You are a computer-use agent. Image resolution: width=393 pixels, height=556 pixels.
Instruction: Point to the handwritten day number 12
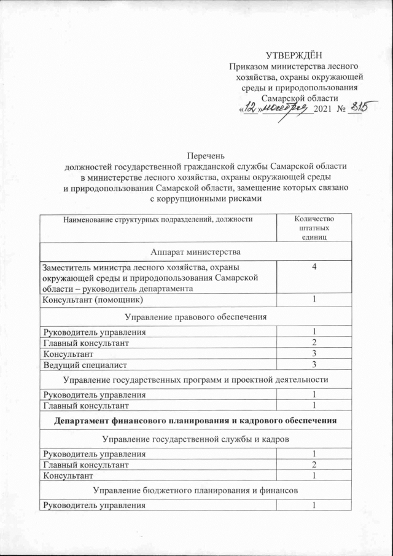tap(249, 108)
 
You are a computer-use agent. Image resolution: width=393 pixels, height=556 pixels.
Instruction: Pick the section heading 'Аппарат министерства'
tap(196, 251)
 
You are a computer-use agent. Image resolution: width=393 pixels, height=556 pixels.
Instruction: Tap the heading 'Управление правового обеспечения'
tap(196, 316)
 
